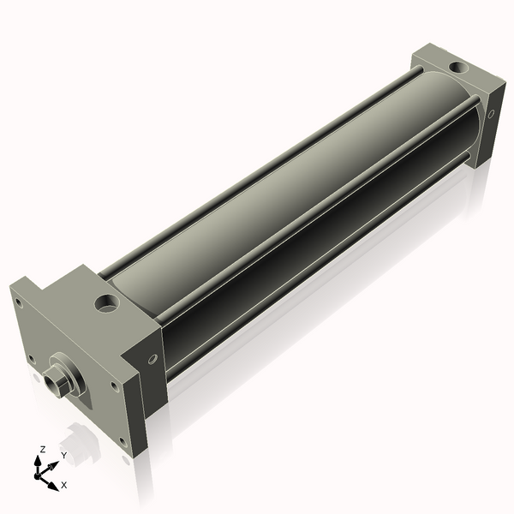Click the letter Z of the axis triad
click(43, 449)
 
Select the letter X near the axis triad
click(64, 485)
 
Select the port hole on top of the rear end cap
click(455, 66)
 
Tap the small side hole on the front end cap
click(152, 358)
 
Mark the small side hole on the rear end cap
click(491, 112)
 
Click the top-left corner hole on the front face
click(21, 299)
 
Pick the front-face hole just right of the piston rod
click(115, 386)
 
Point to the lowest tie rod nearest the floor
click(308, 274)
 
